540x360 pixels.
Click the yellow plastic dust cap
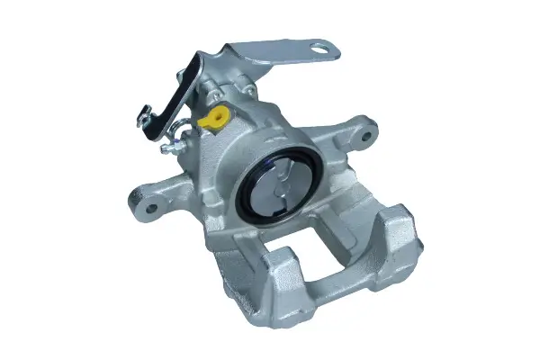(213, 117)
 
